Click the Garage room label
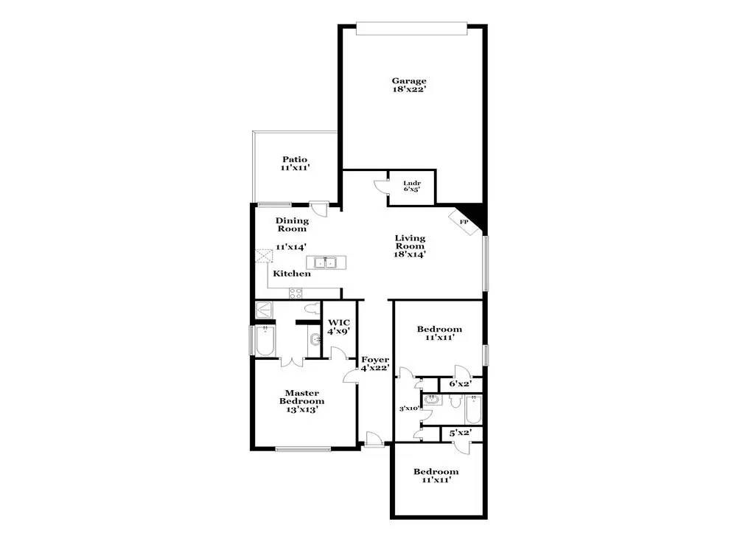(409, 81)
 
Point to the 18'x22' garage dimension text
(409, 90)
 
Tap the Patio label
(295, 159)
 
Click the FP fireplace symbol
(464, 221)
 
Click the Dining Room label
(292, 224)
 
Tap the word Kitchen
(292, 274)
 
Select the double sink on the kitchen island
(323, 262)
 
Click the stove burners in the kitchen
(295, 292)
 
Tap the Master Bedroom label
(301, 397)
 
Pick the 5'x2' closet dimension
(461, 434)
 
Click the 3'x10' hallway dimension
(409, 408)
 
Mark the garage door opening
(411, 28)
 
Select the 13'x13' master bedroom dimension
(301, 411)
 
